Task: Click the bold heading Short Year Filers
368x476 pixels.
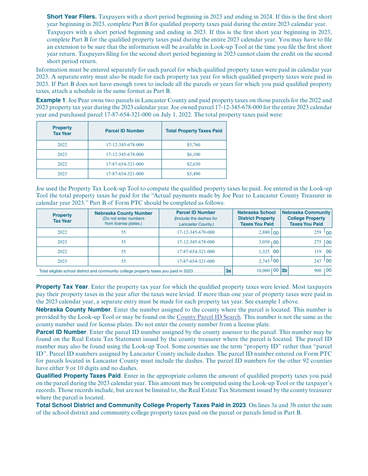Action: click(x=72, y=17)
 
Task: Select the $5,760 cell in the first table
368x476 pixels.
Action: click(x=194, y=145)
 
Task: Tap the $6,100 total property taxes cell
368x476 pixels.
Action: click(x=194, y=154)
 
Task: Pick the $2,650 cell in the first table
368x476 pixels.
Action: click(x=194, y=164)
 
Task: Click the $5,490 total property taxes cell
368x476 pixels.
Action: click(x=194, y=174)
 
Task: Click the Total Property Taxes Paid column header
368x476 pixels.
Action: click(x=194, y=131)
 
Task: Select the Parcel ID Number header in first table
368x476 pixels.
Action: click(x=125, y=131)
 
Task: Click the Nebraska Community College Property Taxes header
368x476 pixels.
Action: click(x=306, y=218)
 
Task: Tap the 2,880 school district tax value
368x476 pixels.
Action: click(x=264, y=233)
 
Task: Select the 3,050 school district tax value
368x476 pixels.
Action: click(x=264, y=242)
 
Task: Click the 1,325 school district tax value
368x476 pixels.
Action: click(x=264, y=252)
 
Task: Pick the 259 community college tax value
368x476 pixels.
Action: click(x=317, y=233)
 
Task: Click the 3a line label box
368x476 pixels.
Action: click(x=229, y=271)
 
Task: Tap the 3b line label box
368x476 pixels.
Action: click(x=284, y=271)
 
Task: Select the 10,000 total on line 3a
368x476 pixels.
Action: click(x=263, y=271)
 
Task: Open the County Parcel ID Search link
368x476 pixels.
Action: click(x=208, y=317)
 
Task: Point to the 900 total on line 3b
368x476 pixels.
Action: click(x=317, y=271)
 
